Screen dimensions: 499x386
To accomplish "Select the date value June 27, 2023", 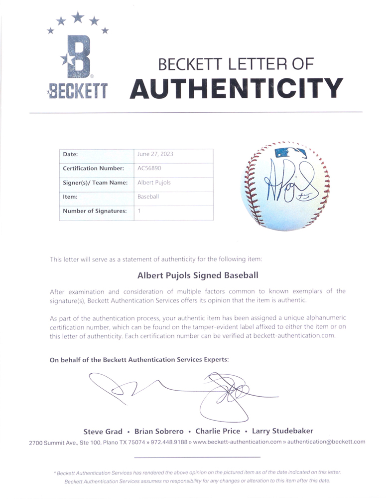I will point(155,155).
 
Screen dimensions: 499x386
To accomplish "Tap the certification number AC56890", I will point(149,169).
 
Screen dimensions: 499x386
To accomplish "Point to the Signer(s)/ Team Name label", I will point(96,183).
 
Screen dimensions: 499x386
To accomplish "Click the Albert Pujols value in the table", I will point(154,183).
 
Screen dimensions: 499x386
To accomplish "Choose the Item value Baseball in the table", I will point(148,197).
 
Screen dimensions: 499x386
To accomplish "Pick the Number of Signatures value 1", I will point(139,211).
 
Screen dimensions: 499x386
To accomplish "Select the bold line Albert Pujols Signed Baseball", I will point(198,274).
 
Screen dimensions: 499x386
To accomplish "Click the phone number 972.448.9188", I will point(171,442).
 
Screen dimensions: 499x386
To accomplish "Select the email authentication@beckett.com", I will point(327,442).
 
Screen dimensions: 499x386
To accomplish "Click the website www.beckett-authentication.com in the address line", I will point(237,442).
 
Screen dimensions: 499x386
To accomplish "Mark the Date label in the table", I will point(70,155).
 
